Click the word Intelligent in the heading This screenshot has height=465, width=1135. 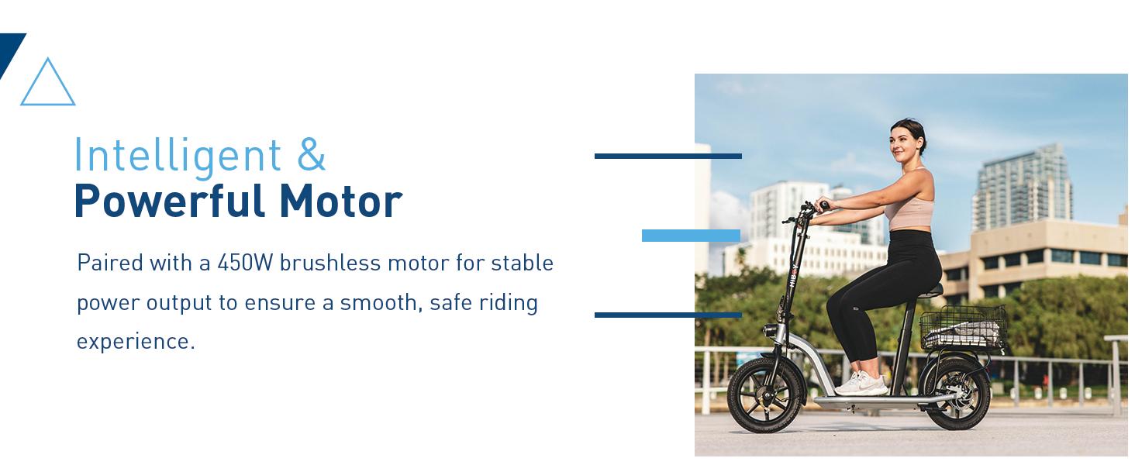point(177,155)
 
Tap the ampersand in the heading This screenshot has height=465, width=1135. point(311,155)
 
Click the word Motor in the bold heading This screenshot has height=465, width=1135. point(340,201)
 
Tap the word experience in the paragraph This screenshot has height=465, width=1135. point(132,342)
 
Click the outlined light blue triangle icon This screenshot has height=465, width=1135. point(47,84)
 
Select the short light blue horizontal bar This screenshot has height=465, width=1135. point(691,236)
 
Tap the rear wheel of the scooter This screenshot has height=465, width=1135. point(957,393)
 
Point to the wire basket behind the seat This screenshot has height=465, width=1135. point(964,328)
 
